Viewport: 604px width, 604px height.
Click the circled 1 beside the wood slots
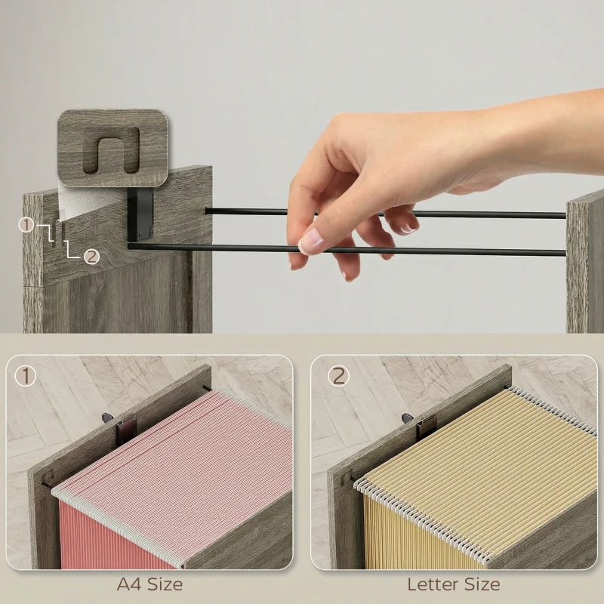26,225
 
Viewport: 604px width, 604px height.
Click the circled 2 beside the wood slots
91,257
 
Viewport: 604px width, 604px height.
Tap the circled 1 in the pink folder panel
25,376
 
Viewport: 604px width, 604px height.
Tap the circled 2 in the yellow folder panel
338,376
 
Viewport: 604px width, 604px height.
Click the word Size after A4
165,584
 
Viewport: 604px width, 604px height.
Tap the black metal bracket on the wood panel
140,213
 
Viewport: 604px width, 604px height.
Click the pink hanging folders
174,482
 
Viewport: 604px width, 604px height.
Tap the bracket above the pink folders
126,431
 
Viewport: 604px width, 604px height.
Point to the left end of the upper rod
207,211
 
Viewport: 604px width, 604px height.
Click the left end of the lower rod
130,245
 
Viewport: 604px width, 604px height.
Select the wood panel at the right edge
584,266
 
